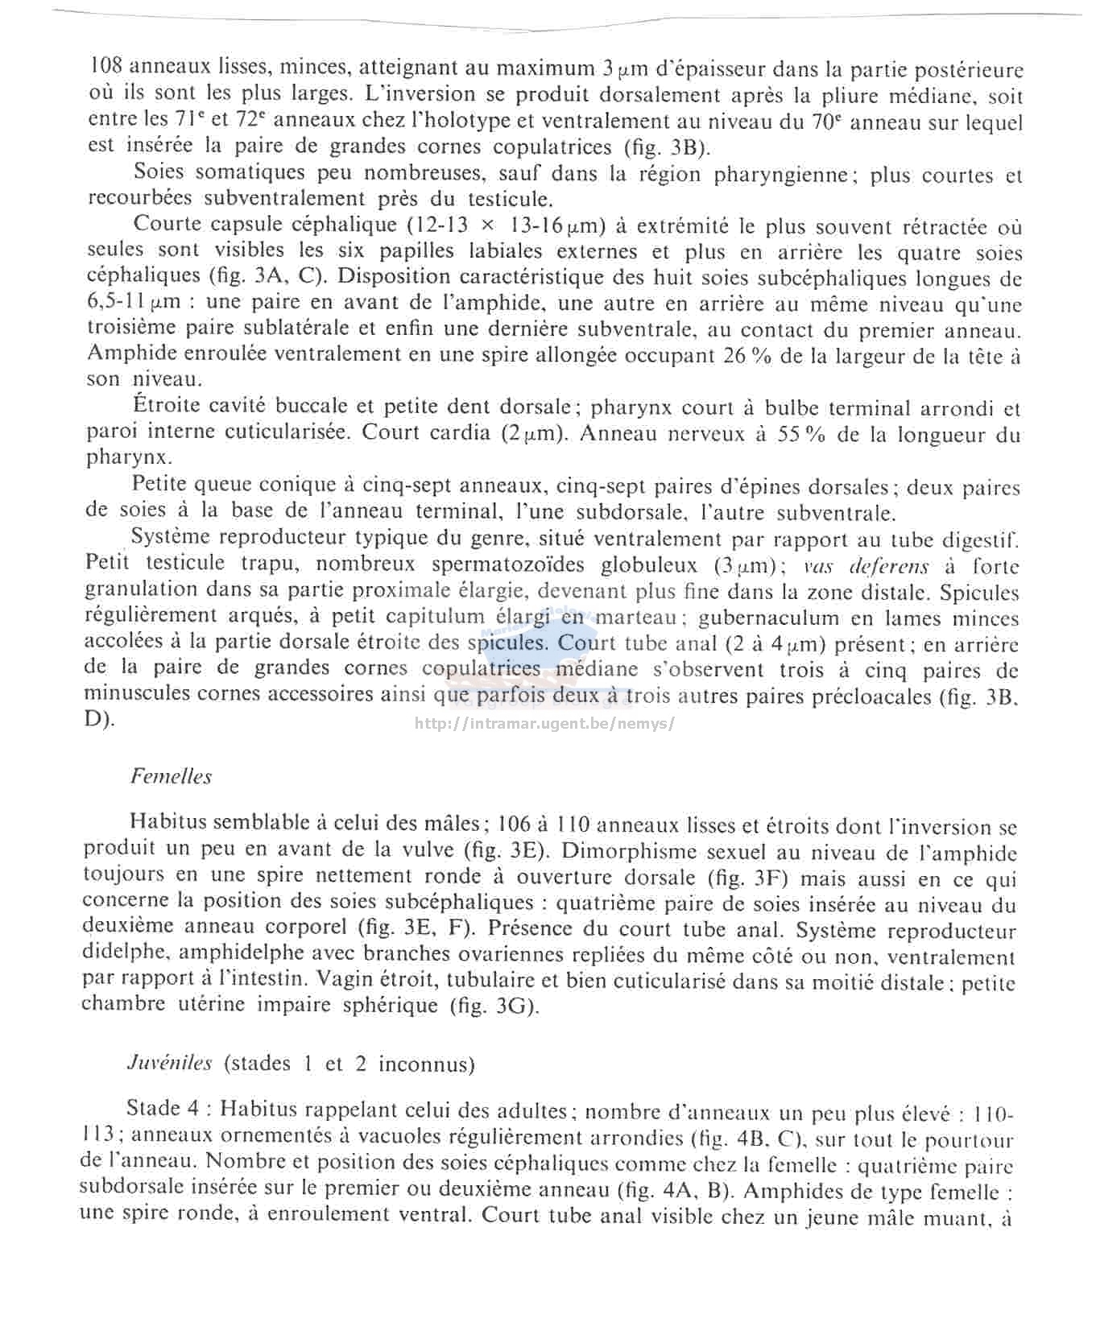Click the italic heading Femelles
171,776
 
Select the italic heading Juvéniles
169,1063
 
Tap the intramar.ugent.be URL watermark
544,722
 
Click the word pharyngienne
782,175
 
